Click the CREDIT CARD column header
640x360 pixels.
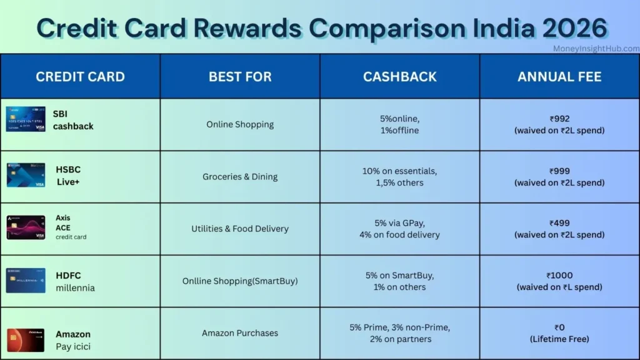coord(80,77)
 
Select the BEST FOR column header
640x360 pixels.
coord(240,77)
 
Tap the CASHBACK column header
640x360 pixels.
coord(400,77)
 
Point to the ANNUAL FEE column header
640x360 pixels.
coord(559,77)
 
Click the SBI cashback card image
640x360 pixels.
coord(26,119)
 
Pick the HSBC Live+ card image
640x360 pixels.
coord(26,175)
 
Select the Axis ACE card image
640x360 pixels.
coord(26,227)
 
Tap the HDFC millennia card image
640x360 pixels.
coord(26,281)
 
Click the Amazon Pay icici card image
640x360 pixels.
coord(26,339)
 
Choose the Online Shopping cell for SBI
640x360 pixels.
coord(240,124)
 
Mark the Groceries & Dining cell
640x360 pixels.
coord(240,177)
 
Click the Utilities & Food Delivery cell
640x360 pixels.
coord(240,229)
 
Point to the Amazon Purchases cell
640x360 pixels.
coord(240,333)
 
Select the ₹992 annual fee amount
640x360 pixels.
coord(559,119)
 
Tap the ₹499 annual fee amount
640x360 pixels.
coord(559,223)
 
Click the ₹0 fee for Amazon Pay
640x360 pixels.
coord(559,327)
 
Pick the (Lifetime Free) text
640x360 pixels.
coord(559,339)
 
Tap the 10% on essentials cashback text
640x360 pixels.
coord(400,171)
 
